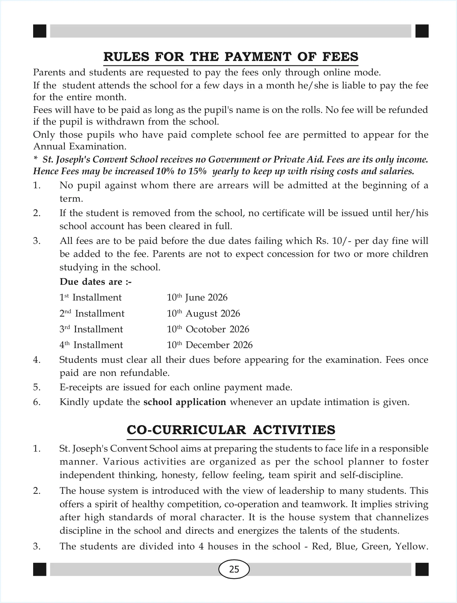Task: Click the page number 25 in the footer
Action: tap(234, 569)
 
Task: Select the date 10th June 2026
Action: tap(197, 297)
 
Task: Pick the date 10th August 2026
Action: tap(204, 314)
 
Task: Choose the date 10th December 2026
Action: tap(210, 345)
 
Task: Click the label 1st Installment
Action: tap(90, 297)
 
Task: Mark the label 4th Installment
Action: tap(91, 345)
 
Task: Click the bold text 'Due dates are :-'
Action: tap(96, 282)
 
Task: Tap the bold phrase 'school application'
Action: tap(185, 402)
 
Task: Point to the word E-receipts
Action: tap(81, 388)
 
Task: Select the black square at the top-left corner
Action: tap(40, 31)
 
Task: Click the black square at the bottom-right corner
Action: tap(422, 569)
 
